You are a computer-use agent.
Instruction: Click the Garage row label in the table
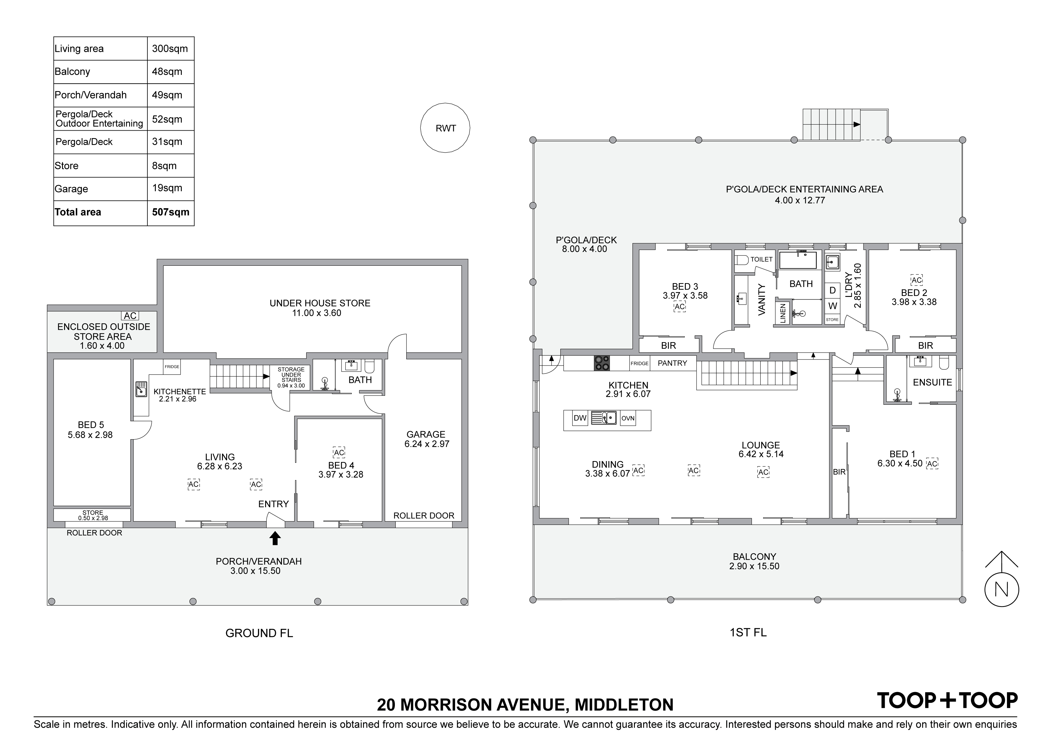pyautogui.click(x=71, y=189)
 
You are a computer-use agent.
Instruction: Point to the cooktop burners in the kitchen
pyautogui.click(x=602, y=363)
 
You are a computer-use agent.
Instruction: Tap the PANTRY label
pyautogui.click(x=672, y=363)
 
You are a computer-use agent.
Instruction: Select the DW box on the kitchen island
pyautogui.click(x=580, y=418)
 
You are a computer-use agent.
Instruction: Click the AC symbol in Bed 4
pyautogui.click(x=339, y=453)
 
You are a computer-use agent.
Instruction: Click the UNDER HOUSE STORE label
pyautogui.click(x=319, y=303)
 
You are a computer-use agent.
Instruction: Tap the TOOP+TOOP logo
pyautogui.click(x=947, y=700)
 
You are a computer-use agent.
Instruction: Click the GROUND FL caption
pyautogui.click(x=259, y=633)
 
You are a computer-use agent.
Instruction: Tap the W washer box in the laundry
pyautogui.click(x=833, y=306)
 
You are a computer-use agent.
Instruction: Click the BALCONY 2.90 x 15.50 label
pyautogui.click(x=754, y=561)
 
